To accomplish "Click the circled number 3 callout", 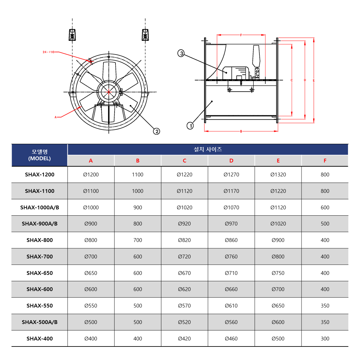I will pos(181,53).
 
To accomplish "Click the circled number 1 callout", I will pos(190,126).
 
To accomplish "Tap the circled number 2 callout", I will pos(157,131).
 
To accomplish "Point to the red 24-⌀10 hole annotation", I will pos(48,52).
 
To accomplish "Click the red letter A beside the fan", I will pos(55,117).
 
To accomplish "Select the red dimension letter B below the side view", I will pos(241,131).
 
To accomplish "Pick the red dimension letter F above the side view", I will pos(241,35).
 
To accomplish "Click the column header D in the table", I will pos(231,161).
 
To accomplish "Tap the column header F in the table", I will pos(325,161).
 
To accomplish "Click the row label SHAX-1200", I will pos(40,175).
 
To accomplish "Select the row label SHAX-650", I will pos(40,273).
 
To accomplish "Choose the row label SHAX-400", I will pos(40,339).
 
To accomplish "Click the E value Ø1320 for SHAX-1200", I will pos(278,175).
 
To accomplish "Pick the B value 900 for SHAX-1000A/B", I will pos(138,207).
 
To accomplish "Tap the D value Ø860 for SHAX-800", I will pos(231,240).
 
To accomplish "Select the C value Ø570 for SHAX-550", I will pos(184,306).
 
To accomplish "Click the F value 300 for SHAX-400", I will pos(325,339).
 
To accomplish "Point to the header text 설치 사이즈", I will pos(208,149).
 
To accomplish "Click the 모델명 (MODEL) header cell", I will pos(40,155).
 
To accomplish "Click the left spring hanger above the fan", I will pos(72,35).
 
